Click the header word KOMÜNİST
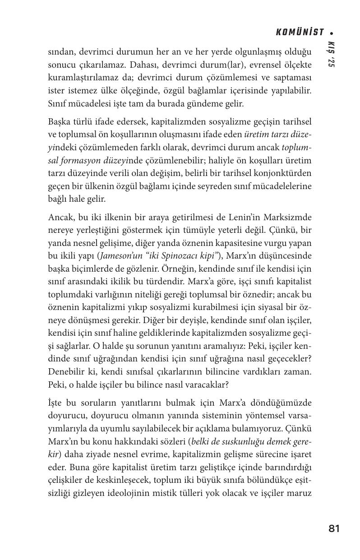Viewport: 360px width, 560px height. point(300,32)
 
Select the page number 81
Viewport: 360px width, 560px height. point(334,529)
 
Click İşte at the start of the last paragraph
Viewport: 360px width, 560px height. point(55,403)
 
